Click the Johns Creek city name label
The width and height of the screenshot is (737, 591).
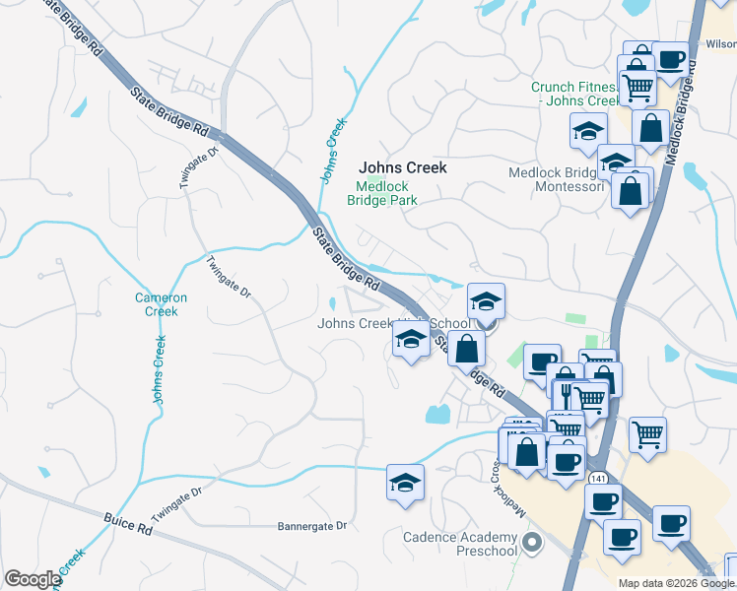(x=402, y=167)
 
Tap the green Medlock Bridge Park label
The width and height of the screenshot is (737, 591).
(x=382, y=193)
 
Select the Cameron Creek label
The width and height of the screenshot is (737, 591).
(x=156, y=304)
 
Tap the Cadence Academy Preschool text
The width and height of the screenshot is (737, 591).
(x=460, y=544)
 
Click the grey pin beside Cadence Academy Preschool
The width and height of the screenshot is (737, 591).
(x=533, y=542)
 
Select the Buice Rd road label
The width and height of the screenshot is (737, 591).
(x=129, y=523)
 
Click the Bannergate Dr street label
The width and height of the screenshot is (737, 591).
(x=312, y=526)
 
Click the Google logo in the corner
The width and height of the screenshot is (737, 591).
(x=33, y=579)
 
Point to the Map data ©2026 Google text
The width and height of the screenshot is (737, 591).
(x=675, y=583)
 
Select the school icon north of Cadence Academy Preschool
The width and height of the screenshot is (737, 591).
(x=405, y=482)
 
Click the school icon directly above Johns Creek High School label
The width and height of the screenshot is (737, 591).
(x=486, y=302)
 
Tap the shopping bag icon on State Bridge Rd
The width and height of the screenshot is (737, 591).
(x=466, y=348)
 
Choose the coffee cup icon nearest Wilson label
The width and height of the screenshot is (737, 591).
(x=670, y=59)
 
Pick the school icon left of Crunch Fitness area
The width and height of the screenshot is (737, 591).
(x=588, y=131)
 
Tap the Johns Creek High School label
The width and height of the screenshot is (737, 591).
(x=394, y=324)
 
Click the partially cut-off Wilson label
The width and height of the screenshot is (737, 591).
(x=721, y=44)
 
